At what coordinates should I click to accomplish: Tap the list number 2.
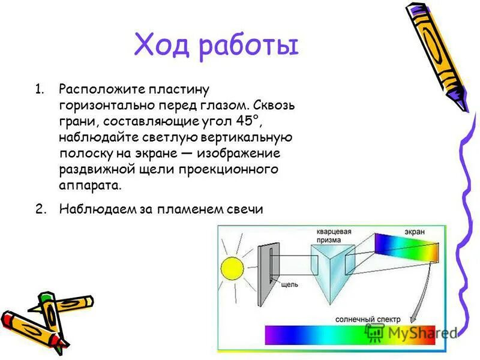(x=39, y=209)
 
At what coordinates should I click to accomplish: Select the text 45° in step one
(x=250, y=122)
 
